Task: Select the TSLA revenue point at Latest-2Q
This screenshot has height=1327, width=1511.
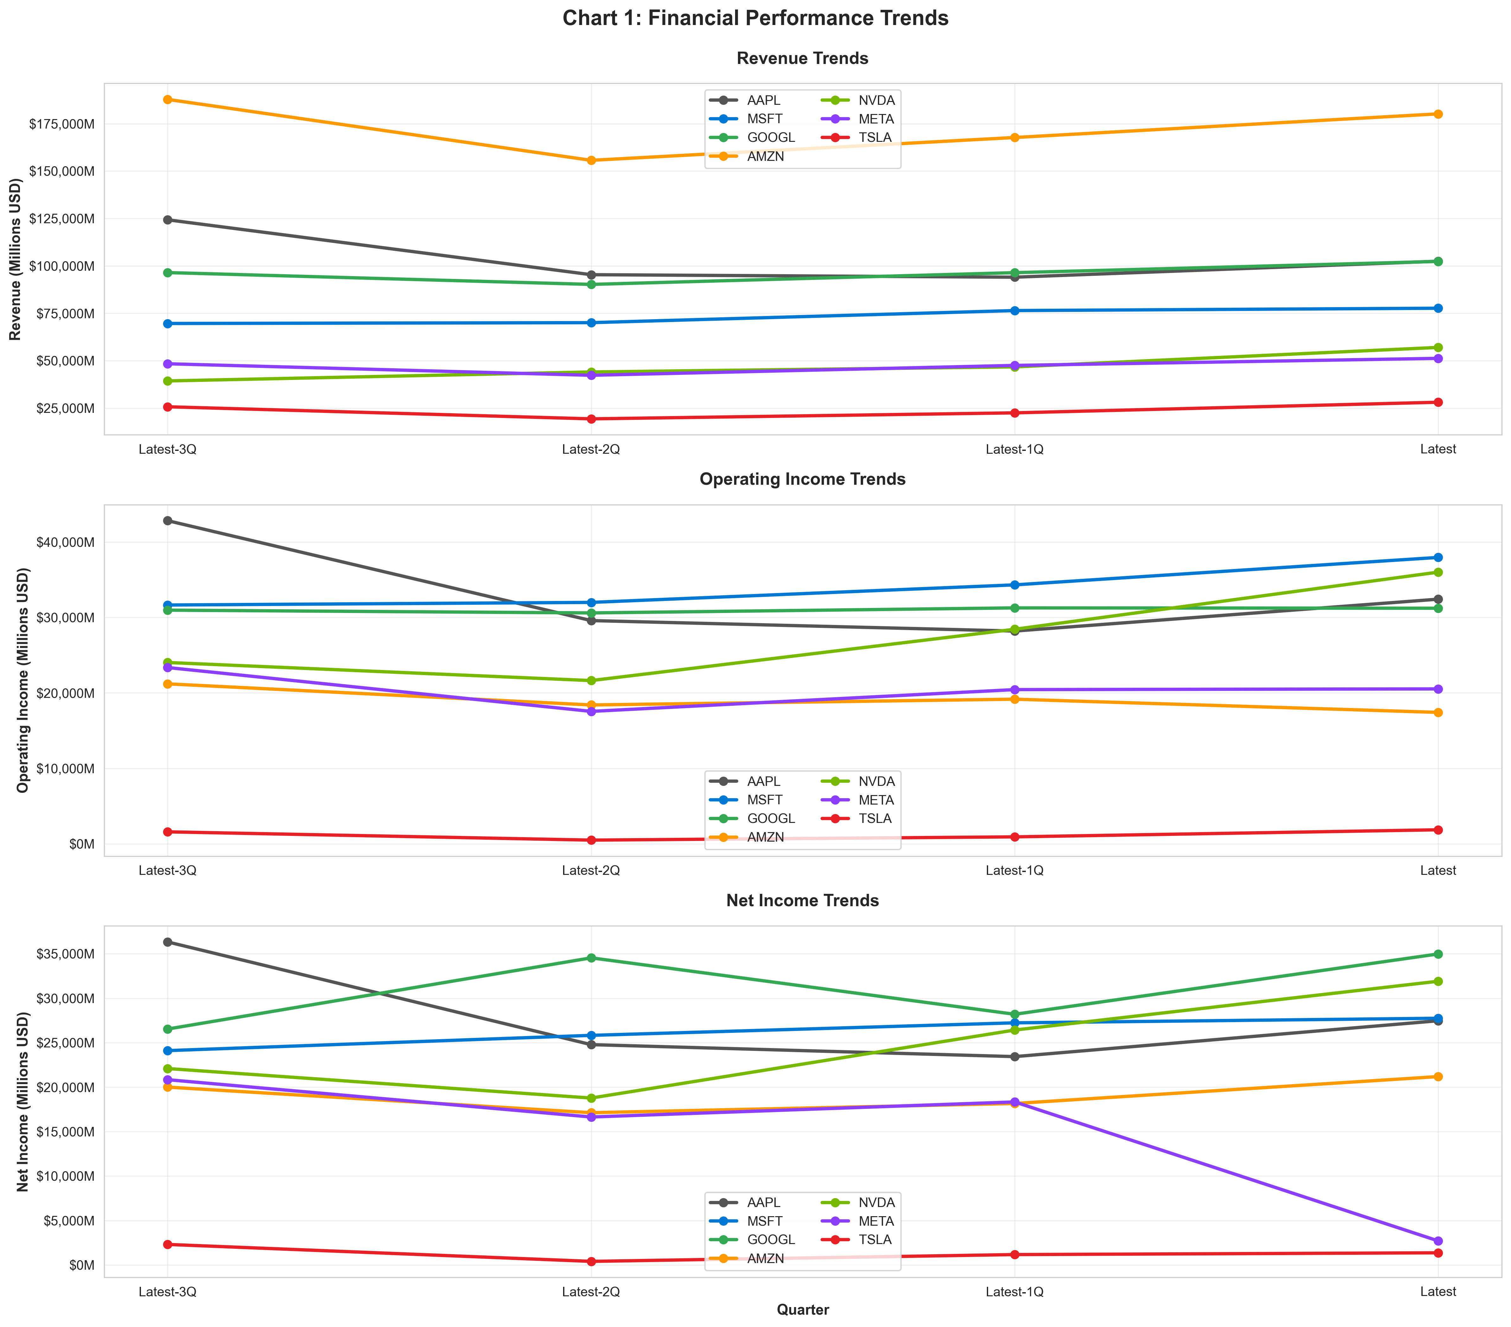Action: tap(591, 419)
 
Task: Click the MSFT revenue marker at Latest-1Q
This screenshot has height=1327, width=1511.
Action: tap(1015, 310)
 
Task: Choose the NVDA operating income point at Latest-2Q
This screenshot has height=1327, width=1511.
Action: tap(591, 680)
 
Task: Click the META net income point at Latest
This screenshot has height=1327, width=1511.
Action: tap(1438, 1241)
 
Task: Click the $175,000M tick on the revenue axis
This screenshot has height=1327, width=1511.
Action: tap(62, 124)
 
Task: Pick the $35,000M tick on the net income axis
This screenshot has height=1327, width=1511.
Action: tap(65, 954)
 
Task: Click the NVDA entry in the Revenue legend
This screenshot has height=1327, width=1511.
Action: tap(876, 100)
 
